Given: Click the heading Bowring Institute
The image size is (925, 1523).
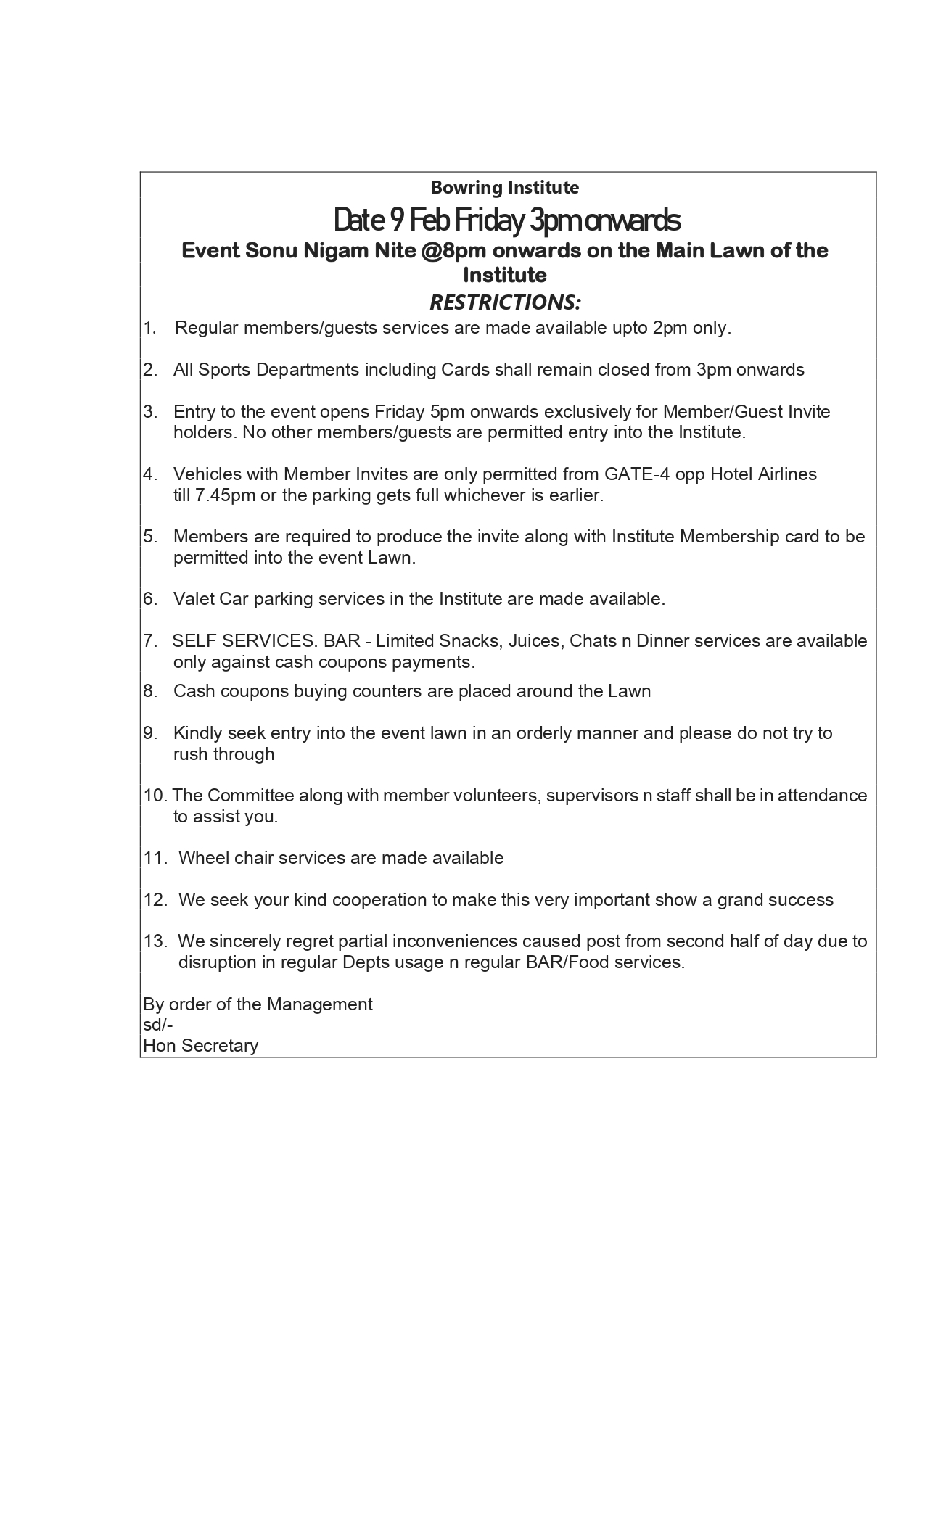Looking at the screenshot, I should tap(505, 188).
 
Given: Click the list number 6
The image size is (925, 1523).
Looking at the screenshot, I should tap(149, 599).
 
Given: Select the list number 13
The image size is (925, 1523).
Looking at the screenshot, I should tap(155, 941).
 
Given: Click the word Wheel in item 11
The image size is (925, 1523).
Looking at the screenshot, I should tap(200, 858).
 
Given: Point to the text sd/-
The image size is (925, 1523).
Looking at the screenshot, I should tap(157, 1025).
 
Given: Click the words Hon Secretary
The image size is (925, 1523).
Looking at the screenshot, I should tap(200, 1046).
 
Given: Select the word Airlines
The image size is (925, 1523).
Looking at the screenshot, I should tap(787, 474).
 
